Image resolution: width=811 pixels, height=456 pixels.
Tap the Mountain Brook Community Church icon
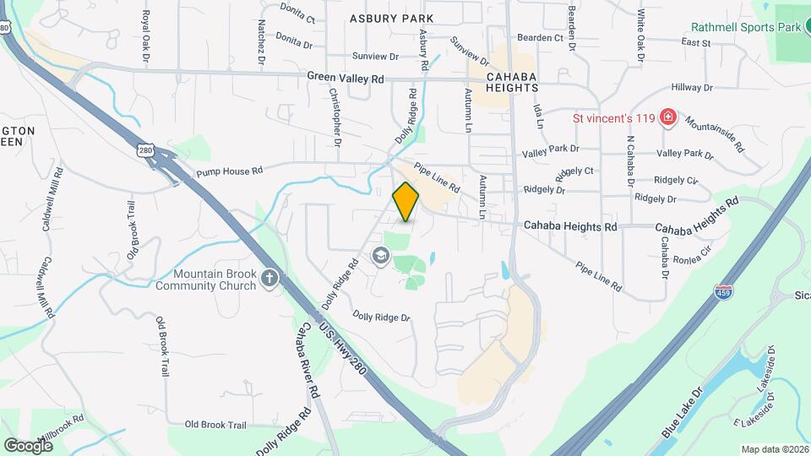point(269,279)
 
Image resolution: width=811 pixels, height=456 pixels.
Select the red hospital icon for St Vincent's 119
point(668,117)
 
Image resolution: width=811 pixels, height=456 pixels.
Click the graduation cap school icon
point(381,255)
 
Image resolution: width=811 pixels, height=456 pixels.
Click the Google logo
point(28,445)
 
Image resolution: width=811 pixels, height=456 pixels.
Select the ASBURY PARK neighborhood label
point(391,18)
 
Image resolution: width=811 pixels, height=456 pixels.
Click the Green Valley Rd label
point(346,77)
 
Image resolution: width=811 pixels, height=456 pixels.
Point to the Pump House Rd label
point(229,171)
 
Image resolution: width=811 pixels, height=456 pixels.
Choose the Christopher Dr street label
point(335,117)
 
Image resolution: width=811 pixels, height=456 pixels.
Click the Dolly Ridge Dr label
point(381,318)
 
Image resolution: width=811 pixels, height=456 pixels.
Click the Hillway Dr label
point(692,87)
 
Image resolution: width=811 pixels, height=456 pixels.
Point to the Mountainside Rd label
point(714,133)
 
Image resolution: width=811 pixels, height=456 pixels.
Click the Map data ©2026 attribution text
point(773,449)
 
